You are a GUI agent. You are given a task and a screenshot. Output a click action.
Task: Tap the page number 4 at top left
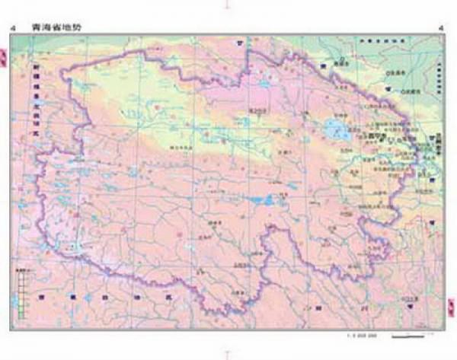11,29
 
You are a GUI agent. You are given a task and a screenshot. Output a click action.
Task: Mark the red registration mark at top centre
226,5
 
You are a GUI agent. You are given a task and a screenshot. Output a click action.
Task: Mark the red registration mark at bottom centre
226,354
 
